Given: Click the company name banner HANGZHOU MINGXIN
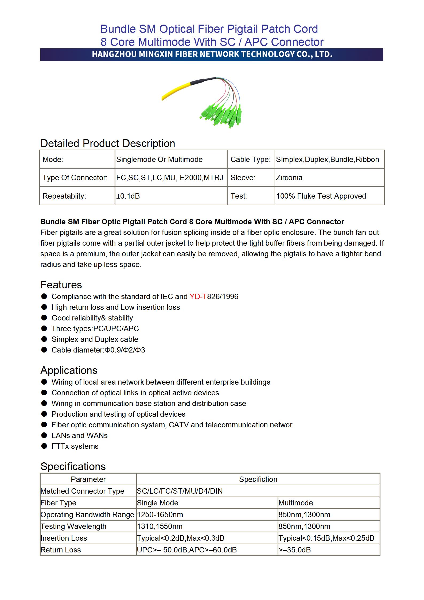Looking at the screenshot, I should [212, 55].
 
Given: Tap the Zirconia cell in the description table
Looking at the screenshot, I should [289, 178].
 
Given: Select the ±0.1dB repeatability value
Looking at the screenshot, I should [128, 196].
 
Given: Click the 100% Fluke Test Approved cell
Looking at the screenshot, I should [321, 196].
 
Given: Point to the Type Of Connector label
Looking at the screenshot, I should [75, 178].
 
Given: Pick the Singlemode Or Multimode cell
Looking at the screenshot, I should [159, 160].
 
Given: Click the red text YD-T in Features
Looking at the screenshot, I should [198, 297].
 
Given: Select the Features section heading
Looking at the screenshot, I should [61, 285].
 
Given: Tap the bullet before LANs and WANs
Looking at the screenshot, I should [44, 435].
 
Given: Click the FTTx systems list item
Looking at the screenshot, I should [75, 446].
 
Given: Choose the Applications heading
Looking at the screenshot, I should [69, 370].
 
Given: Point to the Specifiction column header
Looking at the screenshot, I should [258, 479].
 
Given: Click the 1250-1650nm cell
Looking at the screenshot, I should [160, 515].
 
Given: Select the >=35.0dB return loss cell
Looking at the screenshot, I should [295, 550].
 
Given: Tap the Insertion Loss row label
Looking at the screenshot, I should [64, 538].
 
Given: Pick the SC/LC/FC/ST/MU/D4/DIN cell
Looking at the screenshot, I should [180, 491].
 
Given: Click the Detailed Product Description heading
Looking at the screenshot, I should [108, 144].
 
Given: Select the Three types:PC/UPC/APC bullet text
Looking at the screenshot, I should [95, 329].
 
